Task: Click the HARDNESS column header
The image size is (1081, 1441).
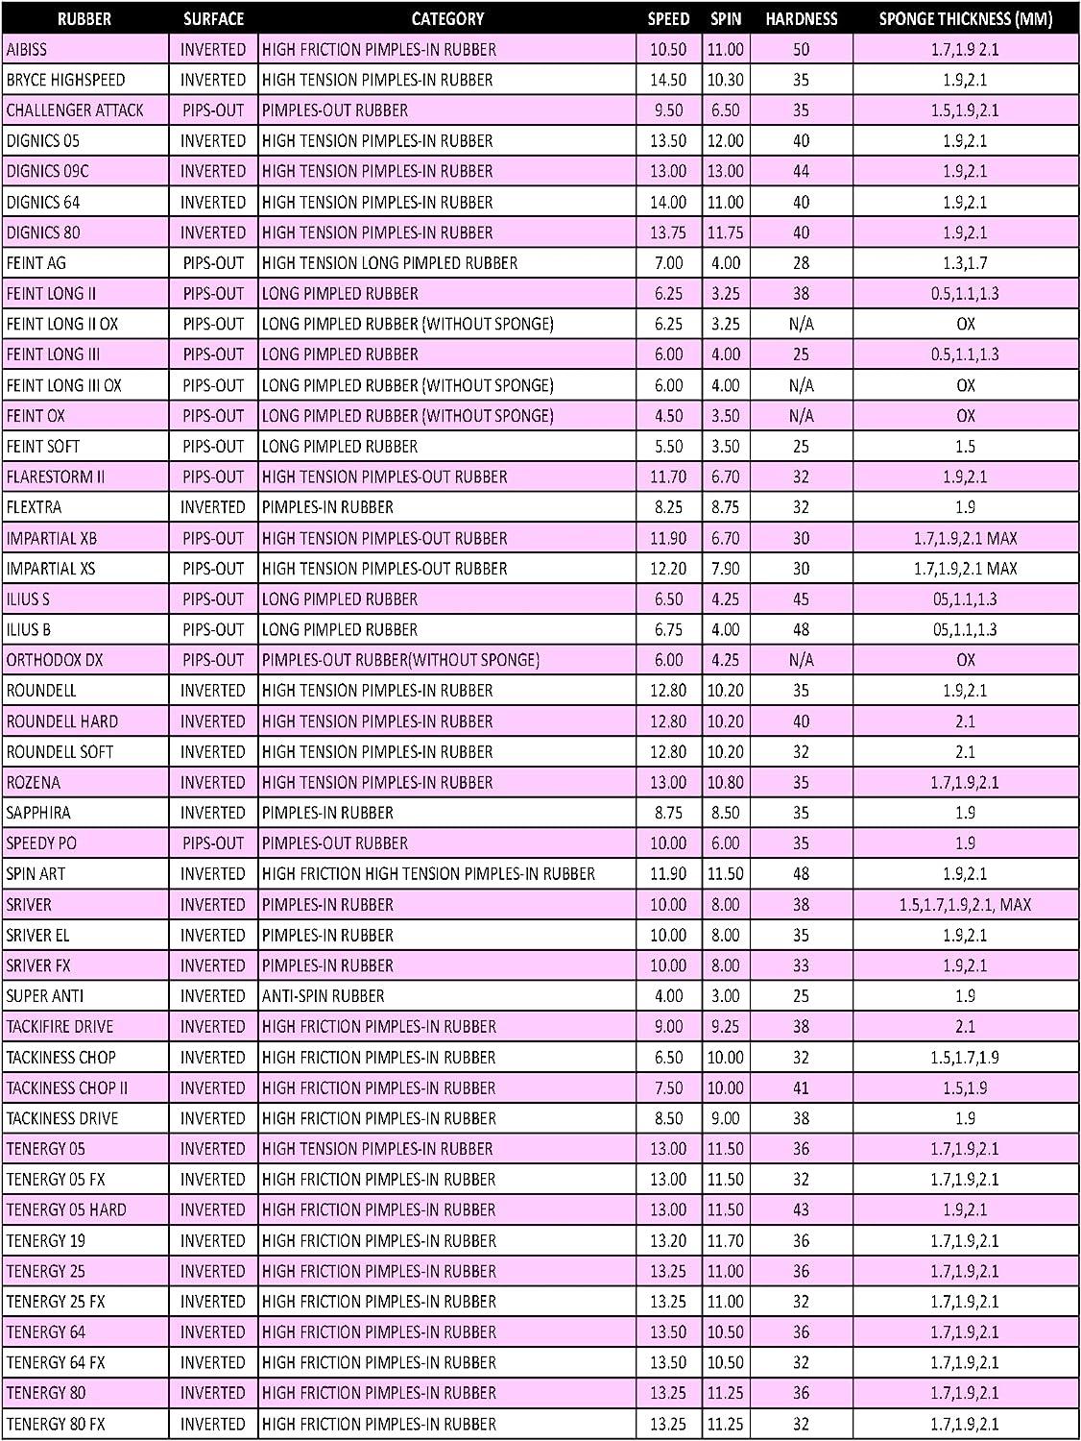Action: (801, 18)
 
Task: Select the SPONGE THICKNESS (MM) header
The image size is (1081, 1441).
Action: (965, 18)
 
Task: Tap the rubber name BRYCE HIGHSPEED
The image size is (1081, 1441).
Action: (65, 80)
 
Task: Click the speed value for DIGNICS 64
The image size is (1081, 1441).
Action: (668, 202)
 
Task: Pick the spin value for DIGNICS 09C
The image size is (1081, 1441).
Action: (725, 171)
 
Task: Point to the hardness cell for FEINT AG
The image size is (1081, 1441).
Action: (801, 263)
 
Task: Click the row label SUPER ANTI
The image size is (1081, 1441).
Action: (46, 996)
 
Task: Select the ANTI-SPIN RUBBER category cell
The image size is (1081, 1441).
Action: (324, 996)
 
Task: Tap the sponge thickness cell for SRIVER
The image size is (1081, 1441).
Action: (965, 905)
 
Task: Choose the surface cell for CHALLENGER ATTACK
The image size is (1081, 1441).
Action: (213, 110)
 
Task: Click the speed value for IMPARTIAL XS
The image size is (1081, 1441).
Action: (668, 569)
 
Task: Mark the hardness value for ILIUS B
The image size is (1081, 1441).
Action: (801, 630)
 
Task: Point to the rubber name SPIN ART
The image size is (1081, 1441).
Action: (36, 874)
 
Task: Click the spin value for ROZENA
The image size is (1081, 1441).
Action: (725, 783)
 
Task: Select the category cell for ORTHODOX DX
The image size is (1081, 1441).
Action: (400, 660)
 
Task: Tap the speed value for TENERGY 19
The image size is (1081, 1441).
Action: (668, 1241)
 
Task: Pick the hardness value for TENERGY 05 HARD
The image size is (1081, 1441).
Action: (801, 1210)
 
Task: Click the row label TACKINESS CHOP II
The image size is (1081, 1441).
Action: (67, 1088)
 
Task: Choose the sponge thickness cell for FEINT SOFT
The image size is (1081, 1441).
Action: (965, 447)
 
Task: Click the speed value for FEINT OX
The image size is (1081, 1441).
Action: (668, 416)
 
